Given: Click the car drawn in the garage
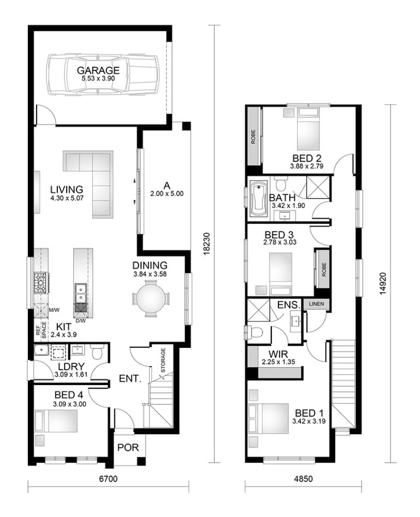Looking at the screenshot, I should [101, 75].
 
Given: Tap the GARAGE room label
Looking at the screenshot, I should [98, 71].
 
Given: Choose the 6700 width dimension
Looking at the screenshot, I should [108, 479].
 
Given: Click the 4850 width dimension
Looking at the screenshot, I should [303, 479].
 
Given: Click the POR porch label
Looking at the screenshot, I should [128, 448].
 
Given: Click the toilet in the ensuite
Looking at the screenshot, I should [255, 331].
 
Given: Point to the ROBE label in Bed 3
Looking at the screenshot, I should [324, 269].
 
